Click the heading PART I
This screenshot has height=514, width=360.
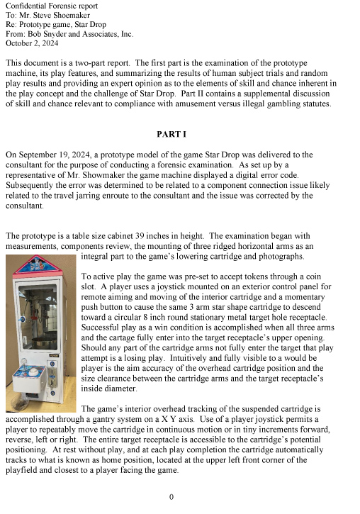tap(171, 134)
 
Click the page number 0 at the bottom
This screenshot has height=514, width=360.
tap(171, 497)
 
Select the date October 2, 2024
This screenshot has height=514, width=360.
tap(32, 43)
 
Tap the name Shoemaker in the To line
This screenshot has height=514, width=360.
tap(72, 15)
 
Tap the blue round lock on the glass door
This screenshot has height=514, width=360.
tap(23, 319)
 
